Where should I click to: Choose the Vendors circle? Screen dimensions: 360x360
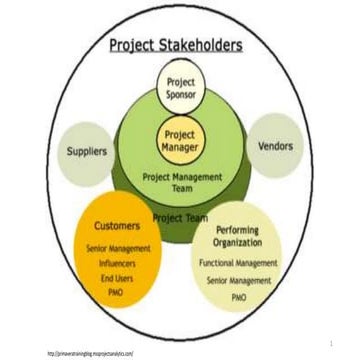(x=275, y=146)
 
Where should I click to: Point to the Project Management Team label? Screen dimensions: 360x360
(x=180, y=183)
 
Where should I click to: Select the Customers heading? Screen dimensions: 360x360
(x=118, y=227)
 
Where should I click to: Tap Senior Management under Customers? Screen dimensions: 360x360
(x=118, y=247)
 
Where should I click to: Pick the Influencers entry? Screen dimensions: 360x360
(x=118, y=260)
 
